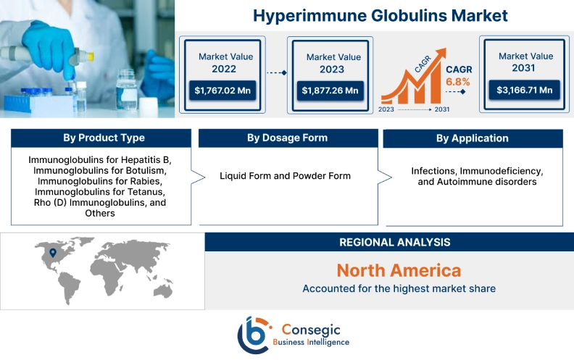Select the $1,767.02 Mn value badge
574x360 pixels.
click(223, 91)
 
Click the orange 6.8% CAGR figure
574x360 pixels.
click(458, 82)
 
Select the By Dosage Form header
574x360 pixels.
click(287, 138)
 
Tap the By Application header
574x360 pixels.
click(473, 138)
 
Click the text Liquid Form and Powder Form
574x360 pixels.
click(285, 176)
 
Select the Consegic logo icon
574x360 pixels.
click(254, 335)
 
